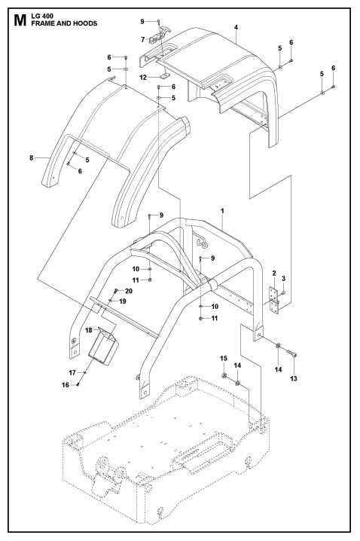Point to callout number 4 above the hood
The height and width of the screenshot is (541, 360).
[x=236, y=27]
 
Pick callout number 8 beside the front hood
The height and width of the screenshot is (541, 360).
[x=31, y=157]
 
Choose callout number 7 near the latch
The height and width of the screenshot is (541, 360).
[x=142, y=39]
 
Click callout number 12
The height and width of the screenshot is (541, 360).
[x=143, y=77]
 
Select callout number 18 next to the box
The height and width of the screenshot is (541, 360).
[x=88, y=330]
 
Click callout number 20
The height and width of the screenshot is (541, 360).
[x=128, y=291]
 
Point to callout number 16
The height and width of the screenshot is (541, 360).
[x=66, y=385]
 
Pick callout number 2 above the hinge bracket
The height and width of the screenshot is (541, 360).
[x=274, y=273]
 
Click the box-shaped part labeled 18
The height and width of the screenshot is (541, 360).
[x=105, y=345]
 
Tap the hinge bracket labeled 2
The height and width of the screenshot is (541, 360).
[x=274, y=301]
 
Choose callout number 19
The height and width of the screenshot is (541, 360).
[x=123, y=301]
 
